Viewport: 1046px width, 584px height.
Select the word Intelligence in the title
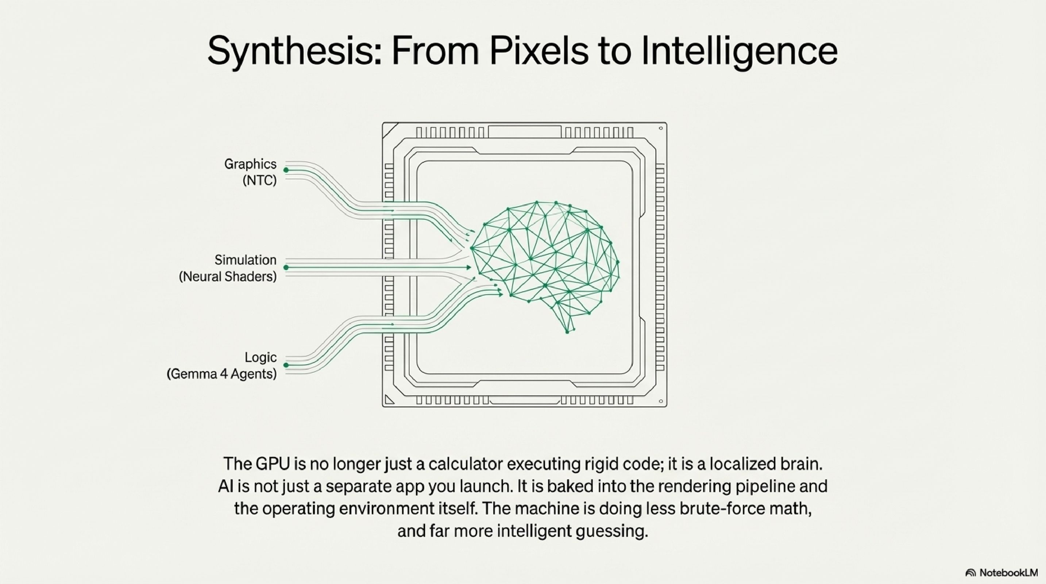pyautogui.click(x=739, y=51)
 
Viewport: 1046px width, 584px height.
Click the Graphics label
pyautogui.click(x=250, y=164)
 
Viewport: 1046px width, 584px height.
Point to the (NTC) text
pyautogui.click(x=259, y=180)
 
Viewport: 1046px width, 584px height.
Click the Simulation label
pyautogui.click(x=245, y=260)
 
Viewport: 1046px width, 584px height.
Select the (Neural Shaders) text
pyautogui.click(x=228, y=277)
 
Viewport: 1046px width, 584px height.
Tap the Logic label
pyautogui.click(x=260, y=357)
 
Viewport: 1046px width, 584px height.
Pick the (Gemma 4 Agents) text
pyautogui.click(x=222, y=374)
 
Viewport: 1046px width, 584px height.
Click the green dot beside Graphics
pyautogui.click(x=286, y=170)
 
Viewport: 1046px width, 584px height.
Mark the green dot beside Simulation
pyautogui.click(x=286, y=268)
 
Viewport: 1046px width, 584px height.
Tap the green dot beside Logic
pyautogui.click(x=286, y=365)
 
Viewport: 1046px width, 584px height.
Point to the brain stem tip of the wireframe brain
pyautogui.click(x=568, y=331)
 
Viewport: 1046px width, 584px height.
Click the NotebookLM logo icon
pyautogui.click(x=970, y=573)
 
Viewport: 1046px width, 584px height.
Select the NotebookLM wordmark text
pyautogui.click(x=1008, y=573)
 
